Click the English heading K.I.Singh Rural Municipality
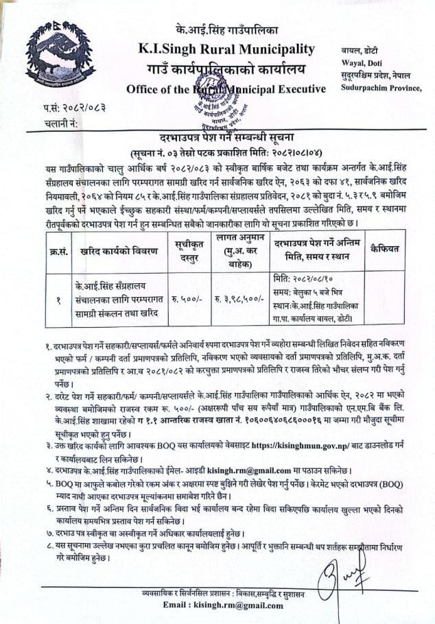226,49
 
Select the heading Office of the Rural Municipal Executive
226,89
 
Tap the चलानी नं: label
62,123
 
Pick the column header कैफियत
385,248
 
